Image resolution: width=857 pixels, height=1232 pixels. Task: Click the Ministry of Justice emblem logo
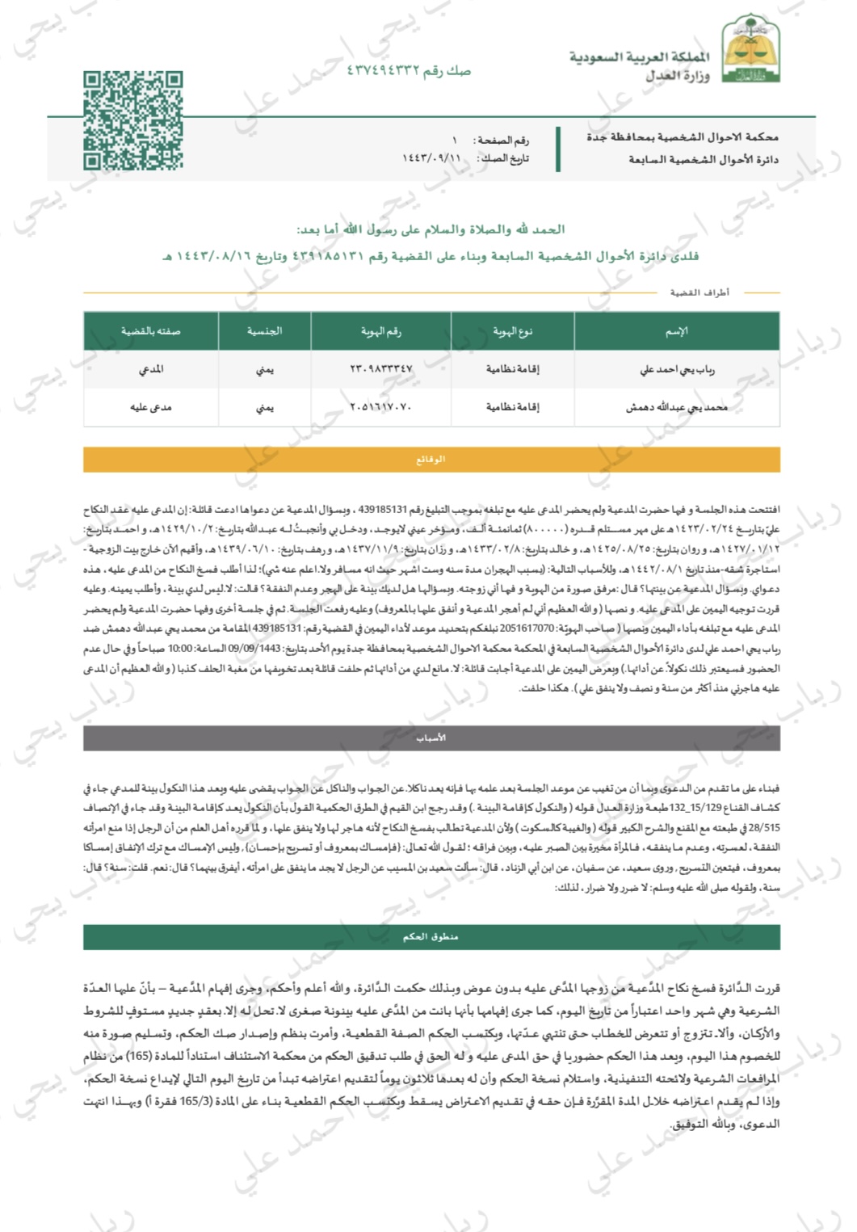pyautogui.click(x=750, y=53)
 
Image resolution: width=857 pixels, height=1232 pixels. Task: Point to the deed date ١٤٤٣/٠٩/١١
pyautogui.click(x=431, y=158)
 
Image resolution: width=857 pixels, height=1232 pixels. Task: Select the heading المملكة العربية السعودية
pyautogui.click(x=640, y=57)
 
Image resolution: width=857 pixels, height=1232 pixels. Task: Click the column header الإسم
pyautogui.click(x=676, y=331)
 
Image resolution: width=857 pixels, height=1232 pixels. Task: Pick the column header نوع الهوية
pyautogui.click(x=512, y=331)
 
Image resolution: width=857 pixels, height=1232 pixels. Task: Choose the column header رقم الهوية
pyautogui.click(x=380, y=331)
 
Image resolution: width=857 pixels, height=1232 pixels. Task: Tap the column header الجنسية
pyautogui.click(x=264, y=331)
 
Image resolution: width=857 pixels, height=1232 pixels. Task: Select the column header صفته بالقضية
pyautogui.click(x=150, y=331)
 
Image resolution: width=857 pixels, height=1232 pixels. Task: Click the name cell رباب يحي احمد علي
pyautogui.click(x=677, y=369)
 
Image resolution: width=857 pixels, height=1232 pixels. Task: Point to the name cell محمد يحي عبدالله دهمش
pyautogui.click(x=677, y=407)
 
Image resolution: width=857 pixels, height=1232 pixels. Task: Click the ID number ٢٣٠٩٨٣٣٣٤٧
pyautogui.click(x=380, y=369)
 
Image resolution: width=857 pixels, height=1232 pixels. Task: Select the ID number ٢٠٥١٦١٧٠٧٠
pyautogui.click(x=380, y=407)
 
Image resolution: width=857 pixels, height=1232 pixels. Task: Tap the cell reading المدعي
pyautogui.click(x=150, y=369)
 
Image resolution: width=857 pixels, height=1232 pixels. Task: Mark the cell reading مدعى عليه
pyautogui.click(x=150, y=407)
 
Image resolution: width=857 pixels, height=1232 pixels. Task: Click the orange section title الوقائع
pyautogui.click(x=431, y=459)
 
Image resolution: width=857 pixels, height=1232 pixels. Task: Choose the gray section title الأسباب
pyautogui.click(x=431, y=738)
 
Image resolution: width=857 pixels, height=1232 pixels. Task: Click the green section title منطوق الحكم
pyautogui.click(x=431, y=936)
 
